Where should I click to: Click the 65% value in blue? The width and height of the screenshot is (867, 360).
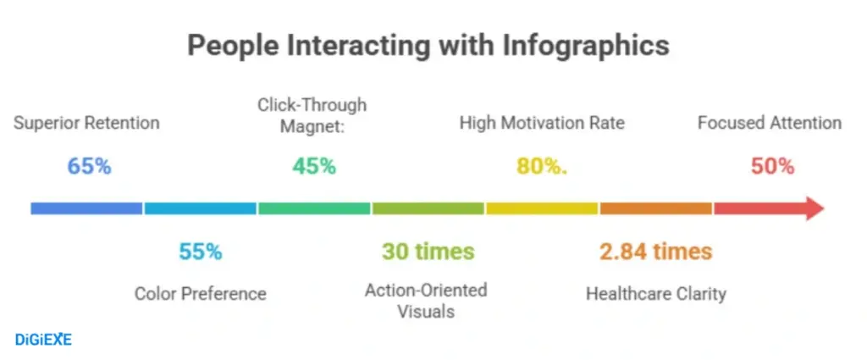[x=89, y=166]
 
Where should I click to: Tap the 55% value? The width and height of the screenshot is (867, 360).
[x=200, y=252]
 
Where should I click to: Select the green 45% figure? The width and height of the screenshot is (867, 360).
[x=314, y=166]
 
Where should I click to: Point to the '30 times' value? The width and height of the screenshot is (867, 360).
[x=428, y=252]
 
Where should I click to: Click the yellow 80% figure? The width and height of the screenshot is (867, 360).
[x=542, y=166]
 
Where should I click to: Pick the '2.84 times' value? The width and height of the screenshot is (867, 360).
[x=656, y=252]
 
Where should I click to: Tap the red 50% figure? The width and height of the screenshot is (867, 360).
[x=772, y=166]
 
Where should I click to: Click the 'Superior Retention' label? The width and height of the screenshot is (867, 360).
[x=86, y=123]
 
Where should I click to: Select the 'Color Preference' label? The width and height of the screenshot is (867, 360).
[x=201, y=294]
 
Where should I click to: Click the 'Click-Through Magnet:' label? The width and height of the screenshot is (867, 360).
[x=312, y=114]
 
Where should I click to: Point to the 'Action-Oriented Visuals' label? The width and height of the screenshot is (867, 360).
[x=426, y=301]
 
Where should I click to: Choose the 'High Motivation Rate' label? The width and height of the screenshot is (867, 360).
[x=542, y=123]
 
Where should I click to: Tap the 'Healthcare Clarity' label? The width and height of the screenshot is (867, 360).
[x=656, y=294]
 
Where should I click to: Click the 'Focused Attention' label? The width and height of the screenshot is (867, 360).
[x=770, y=123]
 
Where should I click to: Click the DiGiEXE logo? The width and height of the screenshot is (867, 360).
[x=43, y=340]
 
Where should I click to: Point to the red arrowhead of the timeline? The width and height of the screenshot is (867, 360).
[x=814, y=208]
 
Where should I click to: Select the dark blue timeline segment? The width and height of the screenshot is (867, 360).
[x=86, y=208]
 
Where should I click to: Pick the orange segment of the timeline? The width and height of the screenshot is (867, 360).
[x=656, y=208]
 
